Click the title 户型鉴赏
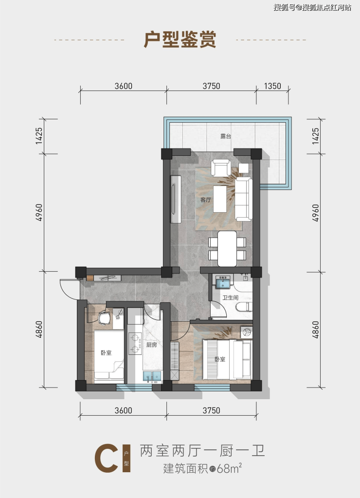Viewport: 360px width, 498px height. tap(180, 39)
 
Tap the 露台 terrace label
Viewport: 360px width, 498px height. tap(226, 136)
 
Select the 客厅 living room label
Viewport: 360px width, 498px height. tap(206, 200)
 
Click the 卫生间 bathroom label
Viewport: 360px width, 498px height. tap(230, 297)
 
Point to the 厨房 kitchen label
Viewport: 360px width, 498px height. tap(151, 345)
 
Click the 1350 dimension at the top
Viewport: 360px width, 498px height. tap(272, 86)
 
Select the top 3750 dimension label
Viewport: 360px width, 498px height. tap(212, 86)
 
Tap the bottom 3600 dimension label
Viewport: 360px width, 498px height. tap(124, 410)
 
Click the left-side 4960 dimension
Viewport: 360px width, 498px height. tap(39, 212)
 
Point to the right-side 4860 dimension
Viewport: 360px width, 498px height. tap(315, 330)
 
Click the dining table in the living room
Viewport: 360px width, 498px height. tap(227, 249)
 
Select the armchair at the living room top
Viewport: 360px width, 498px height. tap(221, 167)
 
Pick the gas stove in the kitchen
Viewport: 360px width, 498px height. tap(135, 344)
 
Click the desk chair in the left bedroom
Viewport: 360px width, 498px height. tap(104, 318)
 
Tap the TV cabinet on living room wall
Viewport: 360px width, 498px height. tap(176, 199)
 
